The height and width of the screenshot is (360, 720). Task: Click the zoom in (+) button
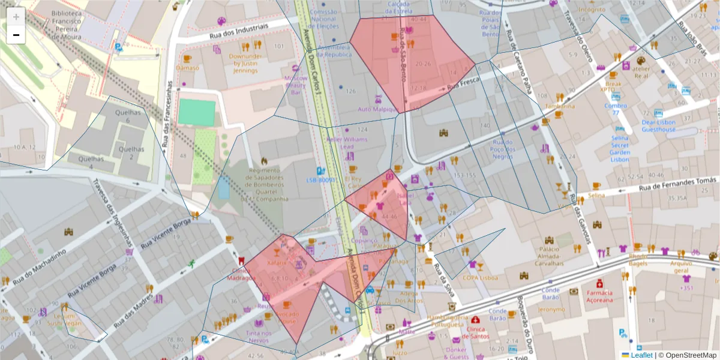pos(16,17)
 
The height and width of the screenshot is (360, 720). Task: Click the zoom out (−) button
pos(16,35)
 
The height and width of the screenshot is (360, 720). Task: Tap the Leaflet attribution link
pos(641,355)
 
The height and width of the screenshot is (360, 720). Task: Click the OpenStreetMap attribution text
pos(688,355)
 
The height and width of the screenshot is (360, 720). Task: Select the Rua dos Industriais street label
pos(239,31)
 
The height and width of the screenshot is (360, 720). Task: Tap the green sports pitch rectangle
pos(197,112)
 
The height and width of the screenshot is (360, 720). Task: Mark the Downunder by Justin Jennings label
pos(246,63)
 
